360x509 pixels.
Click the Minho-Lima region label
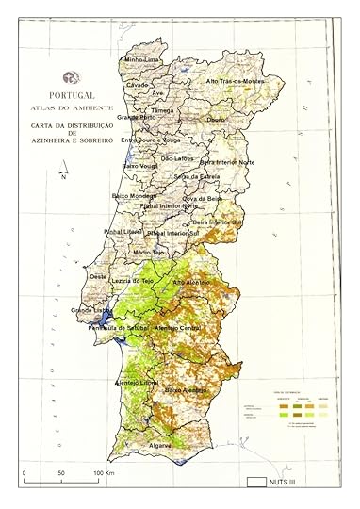pos(142,60)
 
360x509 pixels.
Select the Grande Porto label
pos(136,118)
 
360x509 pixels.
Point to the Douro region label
pos(217,120)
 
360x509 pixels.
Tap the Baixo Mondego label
pos(134,195)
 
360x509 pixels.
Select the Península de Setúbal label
pos(120,327)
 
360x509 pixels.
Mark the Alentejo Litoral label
pos(136,383)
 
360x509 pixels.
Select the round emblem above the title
pos(66,78)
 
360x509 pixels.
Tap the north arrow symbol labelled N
pos(62,176)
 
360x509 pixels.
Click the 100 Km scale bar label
pos(104,471)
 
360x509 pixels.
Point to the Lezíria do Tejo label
pos(132,281)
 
